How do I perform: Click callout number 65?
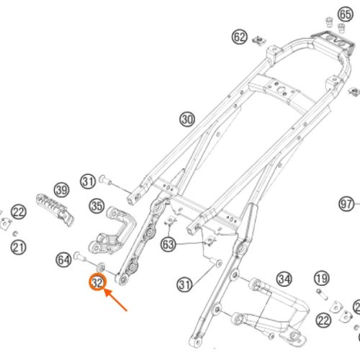pos(346,14)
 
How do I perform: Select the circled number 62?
pos(240,37)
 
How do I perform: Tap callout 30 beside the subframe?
pos(187,120)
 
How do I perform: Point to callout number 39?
pos(62,190)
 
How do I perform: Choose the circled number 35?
pos(97,206)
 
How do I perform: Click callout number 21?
pos(18,248)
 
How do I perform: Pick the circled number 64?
pos(63,260)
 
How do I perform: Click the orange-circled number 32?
pos(97,282)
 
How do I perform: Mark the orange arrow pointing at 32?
pos(115,300)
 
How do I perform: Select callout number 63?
pos(168,244)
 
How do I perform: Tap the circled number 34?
pos(284,279)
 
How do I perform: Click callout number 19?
pos(322,279)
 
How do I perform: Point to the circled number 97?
pos(346,204)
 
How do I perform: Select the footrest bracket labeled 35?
pos(112,230)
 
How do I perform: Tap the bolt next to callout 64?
pos(80,256)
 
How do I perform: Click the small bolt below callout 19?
pos(323,294)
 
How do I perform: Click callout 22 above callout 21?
pos(19,212)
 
